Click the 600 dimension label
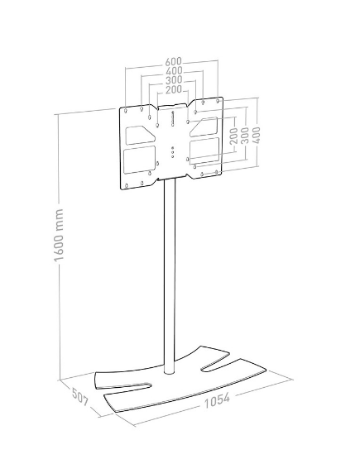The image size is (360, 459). [174, 62]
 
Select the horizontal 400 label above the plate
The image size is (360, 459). [174, 71]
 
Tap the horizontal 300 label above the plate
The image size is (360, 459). [174, 80]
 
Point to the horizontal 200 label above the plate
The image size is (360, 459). [174, 89]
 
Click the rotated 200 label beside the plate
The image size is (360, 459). [233, 136]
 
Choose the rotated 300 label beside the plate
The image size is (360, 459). [245, 136]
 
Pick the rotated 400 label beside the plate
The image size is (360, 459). [256, 135]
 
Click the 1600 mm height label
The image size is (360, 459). [59, 235]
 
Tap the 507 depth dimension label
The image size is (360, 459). [80, 397]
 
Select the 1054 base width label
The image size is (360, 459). [217, 400]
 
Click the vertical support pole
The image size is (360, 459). [170, 276]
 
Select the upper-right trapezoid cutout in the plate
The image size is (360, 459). [204, 127]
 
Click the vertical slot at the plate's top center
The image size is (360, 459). [172, 118]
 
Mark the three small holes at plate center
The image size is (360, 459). [172, 152]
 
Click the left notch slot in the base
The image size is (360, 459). [123, 385]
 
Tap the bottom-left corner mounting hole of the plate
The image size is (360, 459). [127, 185]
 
